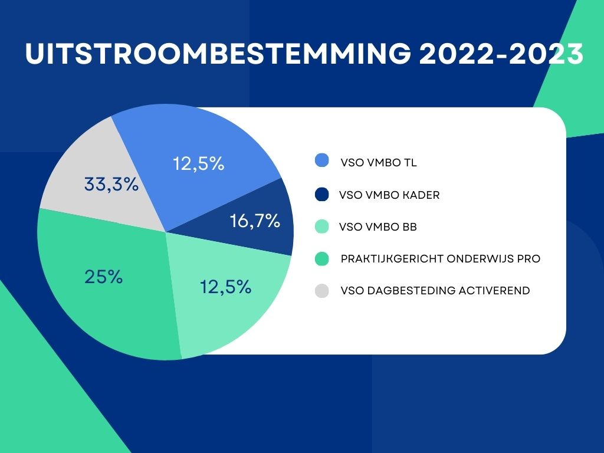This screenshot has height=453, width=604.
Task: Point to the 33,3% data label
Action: pos(111,185)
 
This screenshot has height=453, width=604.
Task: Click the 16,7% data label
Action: pos(254,221)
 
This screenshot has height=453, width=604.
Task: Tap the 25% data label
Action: pos(103,277)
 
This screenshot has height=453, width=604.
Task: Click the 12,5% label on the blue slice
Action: pos(199,163)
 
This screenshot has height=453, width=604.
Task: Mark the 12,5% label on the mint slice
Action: pos(226,287)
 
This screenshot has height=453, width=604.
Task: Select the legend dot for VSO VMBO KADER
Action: pos(322,194)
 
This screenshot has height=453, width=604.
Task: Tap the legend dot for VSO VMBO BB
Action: pos(322,226)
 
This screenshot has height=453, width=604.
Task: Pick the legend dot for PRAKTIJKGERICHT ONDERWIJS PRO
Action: pos(322,258)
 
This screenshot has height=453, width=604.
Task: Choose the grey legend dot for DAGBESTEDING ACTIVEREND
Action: pos(322,290)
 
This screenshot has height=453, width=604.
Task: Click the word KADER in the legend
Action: pos(422,195)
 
